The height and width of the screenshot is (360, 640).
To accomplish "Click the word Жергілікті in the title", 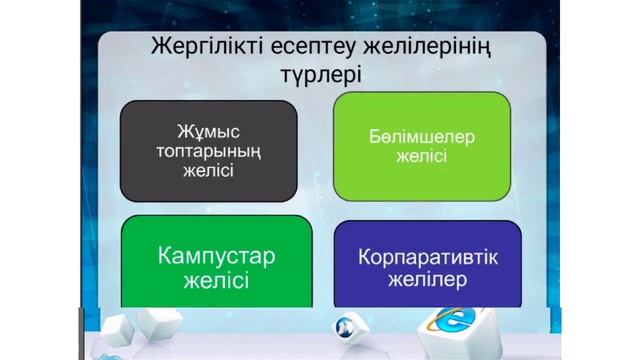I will (204, 46).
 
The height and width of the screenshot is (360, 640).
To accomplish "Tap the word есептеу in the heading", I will (312, 46).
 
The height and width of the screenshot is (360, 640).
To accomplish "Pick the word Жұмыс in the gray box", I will (208, 130).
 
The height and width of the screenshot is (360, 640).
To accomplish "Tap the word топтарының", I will (208, 150).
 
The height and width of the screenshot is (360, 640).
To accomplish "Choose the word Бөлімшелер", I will (421, 137).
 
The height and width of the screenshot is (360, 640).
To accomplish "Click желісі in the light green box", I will (421, 157).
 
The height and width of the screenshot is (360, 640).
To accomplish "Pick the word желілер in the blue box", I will (427, 280).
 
